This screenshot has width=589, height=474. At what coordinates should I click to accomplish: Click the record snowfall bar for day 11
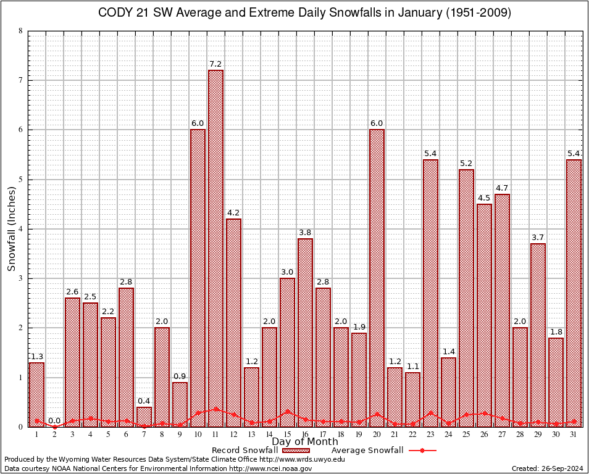point(215,247)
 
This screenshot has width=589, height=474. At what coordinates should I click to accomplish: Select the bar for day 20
point(377,278)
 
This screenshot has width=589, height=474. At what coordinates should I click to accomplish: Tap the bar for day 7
point(144,416)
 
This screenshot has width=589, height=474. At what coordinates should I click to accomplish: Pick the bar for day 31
point(574,290)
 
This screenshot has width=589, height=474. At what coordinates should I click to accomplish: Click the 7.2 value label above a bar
point(215,64)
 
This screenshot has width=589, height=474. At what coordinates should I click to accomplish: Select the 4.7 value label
point(502,188)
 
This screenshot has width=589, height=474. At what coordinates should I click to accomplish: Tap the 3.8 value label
point(305,232)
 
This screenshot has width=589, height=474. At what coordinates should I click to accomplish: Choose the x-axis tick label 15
point(287,434)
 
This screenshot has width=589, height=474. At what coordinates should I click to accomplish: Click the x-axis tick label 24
point(448,434)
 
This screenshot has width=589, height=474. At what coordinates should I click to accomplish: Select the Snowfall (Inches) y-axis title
point(12,228)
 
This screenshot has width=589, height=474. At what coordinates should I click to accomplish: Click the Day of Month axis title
point(305,442)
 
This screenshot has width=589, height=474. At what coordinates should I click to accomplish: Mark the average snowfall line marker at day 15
point(287,411)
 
